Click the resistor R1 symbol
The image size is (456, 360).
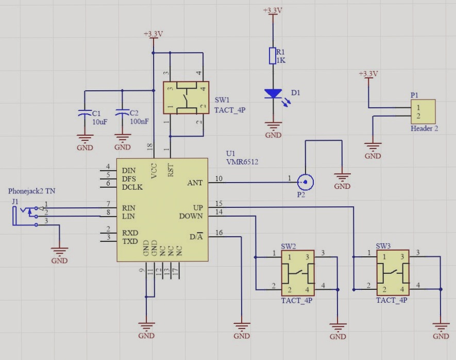pyautogui.click(x=273, y=56)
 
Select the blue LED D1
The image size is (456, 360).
pyautogui.click(x=273, y=94)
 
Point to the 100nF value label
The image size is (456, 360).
pyautogui.click(x=140, y=122)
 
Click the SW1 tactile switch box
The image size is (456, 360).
pyautogui.click(x=185, y=97)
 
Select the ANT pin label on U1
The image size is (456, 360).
pyautogui.click(x=195, y=183)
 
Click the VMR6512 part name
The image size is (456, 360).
pyautogui.click(x=242, y=162)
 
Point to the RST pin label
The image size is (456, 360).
pyautogui.click(x=171, y=170)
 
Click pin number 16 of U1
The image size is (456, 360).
pyautogui.click(x=219, y=233)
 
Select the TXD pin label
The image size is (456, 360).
pyautogui.click(x=129, y=241)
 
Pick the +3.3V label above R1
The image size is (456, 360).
pyautogui.click(x=273, y=10)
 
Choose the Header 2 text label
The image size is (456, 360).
pyautogui.click(x=424, y=128)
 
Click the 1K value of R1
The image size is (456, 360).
pyautogui.click(x=281, y=60)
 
